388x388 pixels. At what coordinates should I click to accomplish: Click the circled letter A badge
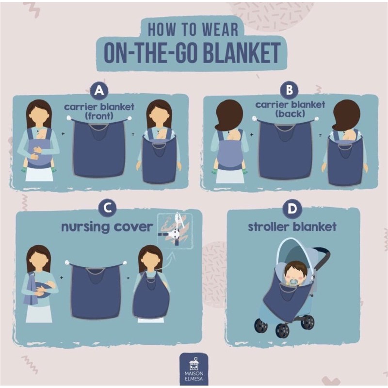coord(99,91)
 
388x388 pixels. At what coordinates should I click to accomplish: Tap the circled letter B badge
coord(289,90)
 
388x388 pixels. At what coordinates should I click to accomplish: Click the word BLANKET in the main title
coord(242,53)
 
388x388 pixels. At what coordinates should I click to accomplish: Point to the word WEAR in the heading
coord(220,30)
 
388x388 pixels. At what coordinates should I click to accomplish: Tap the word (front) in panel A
coord(99,116)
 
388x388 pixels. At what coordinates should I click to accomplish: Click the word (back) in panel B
coord(290,114)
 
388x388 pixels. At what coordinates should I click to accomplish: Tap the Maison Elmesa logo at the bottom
coord(194,369)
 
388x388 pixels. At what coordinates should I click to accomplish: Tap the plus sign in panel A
coord(63,134)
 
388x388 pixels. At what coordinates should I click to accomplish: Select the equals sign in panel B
coord(320,135)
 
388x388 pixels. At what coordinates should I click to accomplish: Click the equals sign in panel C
coord(128,278)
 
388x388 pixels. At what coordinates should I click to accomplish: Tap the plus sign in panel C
coord(62,277)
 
